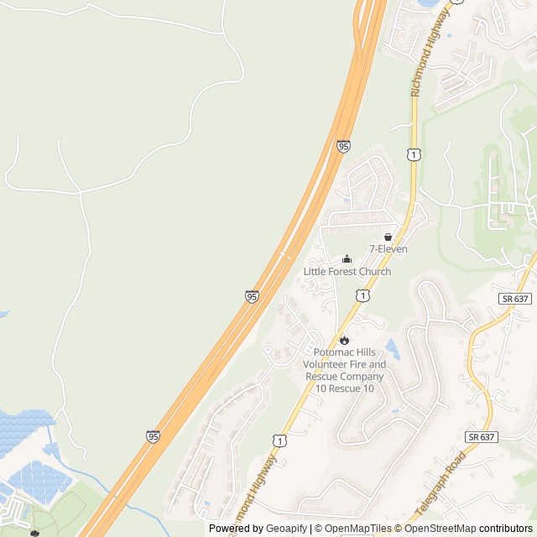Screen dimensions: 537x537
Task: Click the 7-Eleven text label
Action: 388,249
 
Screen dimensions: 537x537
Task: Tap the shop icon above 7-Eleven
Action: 388,237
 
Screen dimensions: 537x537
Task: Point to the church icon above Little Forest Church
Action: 347,259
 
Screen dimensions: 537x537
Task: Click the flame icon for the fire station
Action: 344,340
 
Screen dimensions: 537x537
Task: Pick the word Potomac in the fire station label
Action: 332,352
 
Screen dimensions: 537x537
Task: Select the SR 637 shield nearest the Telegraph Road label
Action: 482,437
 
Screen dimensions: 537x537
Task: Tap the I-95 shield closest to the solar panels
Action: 152,436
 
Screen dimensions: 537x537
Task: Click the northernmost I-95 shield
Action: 344,146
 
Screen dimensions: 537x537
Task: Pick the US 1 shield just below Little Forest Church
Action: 362,295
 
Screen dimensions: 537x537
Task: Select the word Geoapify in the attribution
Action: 287,529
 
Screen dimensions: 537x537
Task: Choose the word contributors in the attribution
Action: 505,529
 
